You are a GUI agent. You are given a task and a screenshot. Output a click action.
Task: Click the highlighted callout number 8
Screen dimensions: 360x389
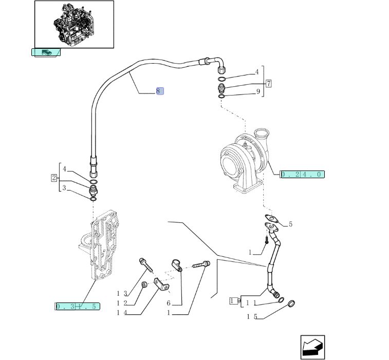tap(160, 91)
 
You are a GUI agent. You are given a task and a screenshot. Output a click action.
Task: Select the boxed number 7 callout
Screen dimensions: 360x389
tap(268, 83)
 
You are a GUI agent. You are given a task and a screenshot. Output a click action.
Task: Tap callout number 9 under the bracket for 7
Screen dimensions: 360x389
tap(258, 92)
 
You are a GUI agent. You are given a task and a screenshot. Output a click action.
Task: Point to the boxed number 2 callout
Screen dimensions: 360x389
tap(53, 178)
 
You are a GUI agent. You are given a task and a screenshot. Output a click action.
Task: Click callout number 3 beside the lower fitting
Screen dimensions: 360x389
tap(64, 188)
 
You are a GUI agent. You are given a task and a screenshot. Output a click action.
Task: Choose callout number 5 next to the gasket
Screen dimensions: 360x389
tap(290, 224)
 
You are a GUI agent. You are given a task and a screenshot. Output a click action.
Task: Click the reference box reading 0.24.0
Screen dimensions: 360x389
tap(302, 175)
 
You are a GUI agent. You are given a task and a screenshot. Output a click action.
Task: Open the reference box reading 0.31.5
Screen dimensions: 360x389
tap(77, 307)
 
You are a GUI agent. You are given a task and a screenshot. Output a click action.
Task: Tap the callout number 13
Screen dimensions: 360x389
tap(121, 293)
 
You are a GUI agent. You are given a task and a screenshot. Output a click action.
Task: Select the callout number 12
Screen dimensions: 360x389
tap(121, 303)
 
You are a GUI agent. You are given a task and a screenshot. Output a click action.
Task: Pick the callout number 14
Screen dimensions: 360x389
tap(121, 313)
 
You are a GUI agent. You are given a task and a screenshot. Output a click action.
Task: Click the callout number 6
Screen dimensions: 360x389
tap(168, 304)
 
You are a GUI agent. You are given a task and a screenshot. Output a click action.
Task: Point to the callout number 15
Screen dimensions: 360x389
tap(251, 317)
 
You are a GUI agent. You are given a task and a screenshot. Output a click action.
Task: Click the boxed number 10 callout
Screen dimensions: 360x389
tap(234, 301)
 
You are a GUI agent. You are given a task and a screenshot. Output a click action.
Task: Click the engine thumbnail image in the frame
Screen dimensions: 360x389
tap(74, 24)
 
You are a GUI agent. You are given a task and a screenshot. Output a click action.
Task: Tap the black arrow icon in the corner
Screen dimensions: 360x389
tap(312, 347)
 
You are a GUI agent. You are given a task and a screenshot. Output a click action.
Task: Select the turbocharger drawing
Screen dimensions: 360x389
tap(246, 159)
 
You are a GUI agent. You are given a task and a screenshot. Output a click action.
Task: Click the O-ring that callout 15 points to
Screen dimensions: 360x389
tap(290, 305)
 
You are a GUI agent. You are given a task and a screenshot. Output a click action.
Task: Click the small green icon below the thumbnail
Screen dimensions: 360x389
tap(46, 52)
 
